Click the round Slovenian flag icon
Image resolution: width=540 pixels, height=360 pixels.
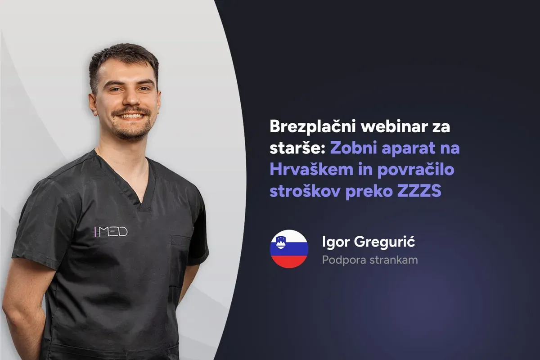(289, 249)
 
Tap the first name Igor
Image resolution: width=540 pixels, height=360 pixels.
(334, 243)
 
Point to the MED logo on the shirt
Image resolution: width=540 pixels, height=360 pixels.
(111, 232)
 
